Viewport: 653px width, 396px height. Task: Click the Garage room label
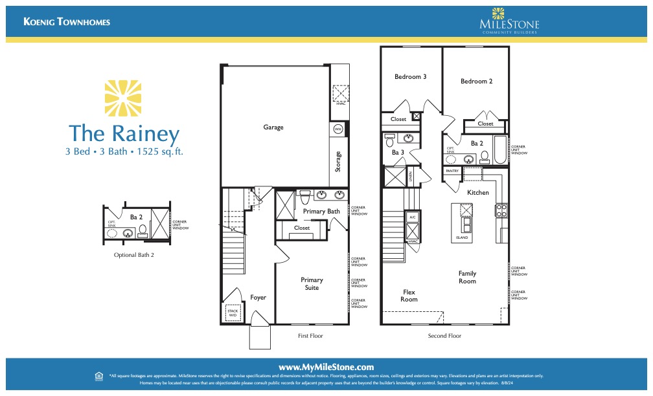[x=273, y=127]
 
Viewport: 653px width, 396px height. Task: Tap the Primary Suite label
[x=312, y=283]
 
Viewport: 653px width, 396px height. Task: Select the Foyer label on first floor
[x=258, y=298]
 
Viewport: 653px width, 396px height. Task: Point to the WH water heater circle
[x=338, y=129]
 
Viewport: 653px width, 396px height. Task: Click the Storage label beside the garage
[x=338, y=161]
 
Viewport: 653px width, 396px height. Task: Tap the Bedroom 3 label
[x=410, y=76]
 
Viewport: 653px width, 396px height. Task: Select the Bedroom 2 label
[x=476, y=82]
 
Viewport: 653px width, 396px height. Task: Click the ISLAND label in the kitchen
[x=461, y=238]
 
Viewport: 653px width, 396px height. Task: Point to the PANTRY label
[x=452, y=171]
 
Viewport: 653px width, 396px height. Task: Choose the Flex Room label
[x=409, y=295]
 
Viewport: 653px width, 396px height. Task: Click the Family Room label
[x=467, y=277]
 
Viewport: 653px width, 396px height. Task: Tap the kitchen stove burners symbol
[x=501, y=210]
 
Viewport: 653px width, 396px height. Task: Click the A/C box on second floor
[x=413, y=217]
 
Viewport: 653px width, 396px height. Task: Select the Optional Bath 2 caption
[x=134, y=255]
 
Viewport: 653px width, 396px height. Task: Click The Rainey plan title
[x=124, y=134]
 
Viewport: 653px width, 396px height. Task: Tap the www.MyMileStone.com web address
[x=326, y=367]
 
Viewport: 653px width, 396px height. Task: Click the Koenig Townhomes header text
[x=67, y=22]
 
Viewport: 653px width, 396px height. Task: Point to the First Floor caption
[x=310, y=336]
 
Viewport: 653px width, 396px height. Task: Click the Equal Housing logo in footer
[x=98, y=375]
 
